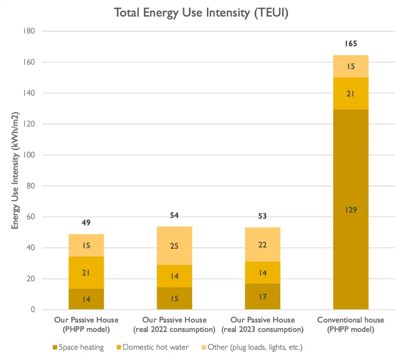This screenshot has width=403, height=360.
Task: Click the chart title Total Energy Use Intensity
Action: (201, 13)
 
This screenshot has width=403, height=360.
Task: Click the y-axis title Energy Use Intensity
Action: (16, 171)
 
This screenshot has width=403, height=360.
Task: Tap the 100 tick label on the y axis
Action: (29, 155)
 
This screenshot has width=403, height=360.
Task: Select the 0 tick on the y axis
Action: (32, 310)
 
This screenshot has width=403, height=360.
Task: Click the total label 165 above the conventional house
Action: (351, 43)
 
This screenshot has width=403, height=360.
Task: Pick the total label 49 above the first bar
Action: (86, 223)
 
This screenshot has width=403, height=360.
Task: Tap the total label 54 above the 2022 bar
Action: (174, 215)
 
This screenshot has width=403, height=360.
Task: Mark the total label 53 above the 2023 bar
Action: (262, 216)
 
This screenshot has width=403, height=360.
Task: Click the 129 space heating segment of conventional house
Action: (351, 210)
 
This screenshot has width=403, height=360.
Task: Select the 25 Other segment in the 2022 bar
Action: (174, 246)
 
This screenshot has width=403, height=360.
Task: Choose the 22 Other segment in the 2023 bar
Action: (262, 244)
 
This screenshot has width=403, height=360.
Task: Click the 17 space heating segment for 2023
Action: (262, 297)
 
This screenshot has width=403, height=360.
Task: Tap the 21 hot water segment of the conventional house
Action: (351, 94)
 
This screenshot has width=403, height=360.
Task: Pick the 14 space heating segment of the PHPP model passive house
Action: (86, 299)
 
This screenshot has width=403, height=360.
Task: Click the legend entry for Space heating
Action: (78, 347)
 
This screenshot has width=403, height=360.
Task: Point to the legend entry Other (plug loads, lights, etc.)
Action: (251, 347)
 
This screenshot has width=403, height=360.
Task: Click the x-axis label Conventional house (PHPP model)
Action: (351, 324)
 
